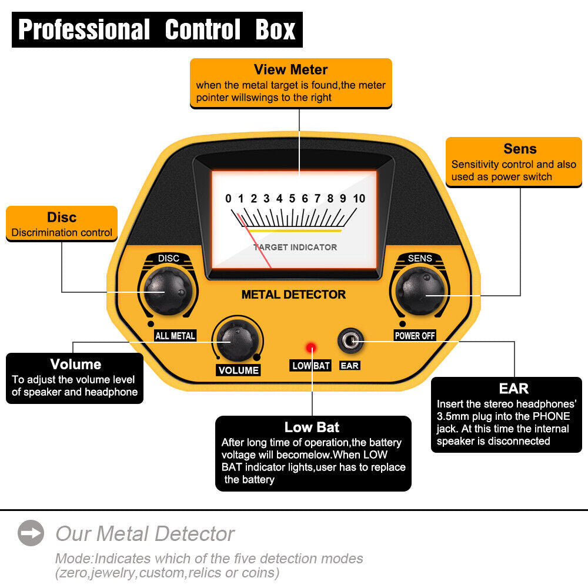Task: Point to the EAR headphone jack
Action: pos(350,340)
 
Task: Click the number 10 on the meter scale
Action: pos(359,199)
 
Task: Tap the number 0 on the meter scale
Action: pos(228,199)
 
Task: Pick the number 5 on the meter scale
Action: pos(292,199)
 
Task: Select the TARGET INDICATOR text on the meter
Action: pos(295,247)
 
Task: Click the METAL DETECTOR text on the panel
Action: pos(293,295)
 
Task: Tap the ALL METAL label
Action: pos(175,336)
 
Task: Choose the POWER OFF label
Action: pos(415,336)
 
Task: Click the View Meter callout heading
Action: pos(290,70)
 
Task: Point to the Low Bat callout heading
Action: pos(312,427)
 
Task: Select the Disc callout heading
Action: pos(62,217)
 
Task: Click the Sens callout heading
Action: pos(520,149)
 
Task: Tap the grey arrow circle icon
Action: pos(31,533)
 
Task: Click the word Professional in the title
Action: pos(84,29)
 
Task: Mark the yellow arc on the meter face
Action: pos(294,231)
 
